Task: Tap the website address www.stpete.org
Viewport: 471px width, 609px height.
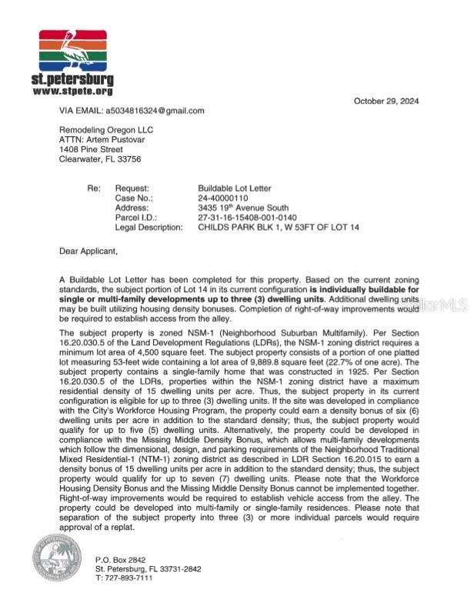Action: coord(73,92)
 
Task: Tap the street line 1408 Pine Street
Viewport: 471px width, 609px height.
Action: coord(91,150)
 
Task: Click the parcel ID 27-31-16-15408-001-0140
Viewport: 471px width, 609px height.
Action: coord(248,218)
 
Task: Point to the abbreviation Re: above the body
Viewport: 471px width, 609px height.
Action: coord(93,188)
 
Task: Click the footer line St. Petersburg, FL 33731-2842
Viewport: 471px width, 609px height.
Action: coord(149,569)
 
